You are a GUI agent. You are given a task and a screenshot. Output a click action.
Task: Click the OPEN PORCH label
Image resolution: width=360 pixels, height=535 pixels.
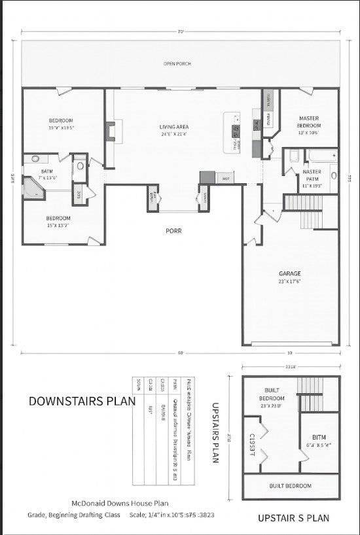tap(177, 63)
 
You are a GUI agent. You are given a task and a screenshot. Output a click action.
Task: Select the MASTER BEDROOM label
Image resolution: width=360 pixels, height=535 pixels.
tap(308, 122)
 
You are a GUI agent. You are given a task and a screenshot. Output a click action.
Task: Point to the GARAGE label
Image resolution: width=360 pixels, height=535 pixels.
tap(289, 273)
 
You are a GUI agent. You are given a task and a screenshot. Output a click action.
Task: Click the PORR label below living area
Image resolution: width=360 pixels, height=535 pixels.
tap(173, 231)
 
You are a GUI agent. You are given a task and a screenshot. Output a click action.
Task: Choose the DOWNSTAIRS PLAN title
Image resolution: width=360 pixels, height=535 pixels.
tap(82, 401)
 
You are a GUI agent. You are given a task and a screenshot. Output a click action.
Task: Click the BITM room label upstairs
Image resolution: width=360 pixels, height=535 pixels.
tap(319, 437)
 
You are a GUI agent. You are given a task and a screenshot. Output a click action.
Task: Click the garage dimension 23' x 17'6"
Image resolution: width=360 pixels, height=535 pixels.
tap(289, 282)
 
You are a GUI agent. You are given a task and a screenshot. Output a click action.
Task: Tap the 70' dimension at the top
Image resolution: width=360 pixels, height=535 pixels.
tap(179, 31)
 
